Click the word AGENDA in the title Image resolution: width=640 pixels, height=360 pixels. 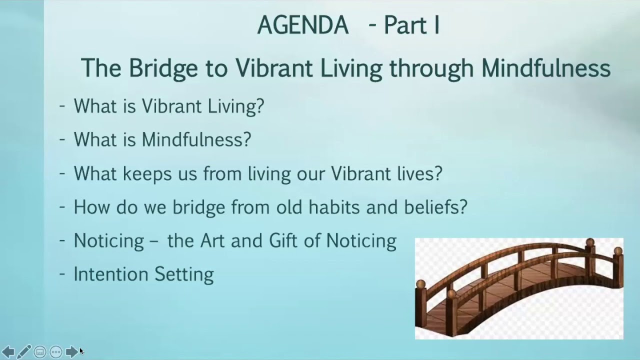click(x=302, y=25)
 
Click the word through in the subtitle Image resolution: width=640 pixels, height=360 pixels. click(x=431, y=68)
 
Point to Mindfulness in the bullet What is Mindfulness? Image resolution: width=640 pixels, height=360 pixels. click(x=196, y=139)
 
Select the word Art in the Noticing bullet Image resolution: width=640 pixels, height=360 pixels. click(x=211, y=240)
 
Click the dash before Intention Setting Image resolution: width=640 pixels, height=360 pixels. click(x=62, y=273)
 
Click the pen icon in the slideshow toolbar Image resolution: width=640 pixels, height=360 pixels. click(x=24, y=352)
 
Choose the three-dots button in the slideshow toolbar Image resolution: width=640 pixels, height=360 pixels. click(x=56, y=352)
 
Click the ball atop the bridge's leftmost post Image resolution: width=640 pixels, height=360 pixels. click(x=421, y=284)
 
